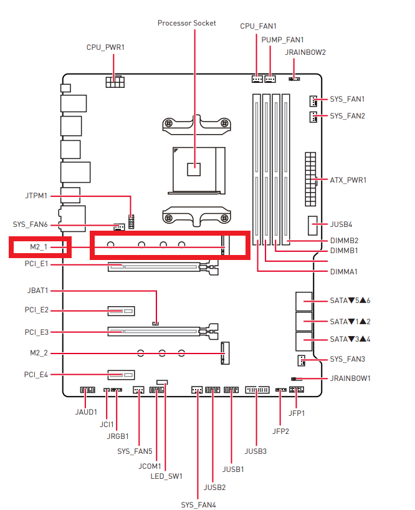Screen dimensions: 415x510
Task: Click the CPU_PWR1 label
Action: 105,47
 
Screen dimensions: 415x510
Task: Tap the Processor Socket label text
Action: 186,23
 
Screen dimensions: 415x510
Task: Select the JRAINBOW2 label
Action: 305,52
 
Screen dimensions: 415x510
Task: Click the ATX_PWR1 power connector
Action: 310,179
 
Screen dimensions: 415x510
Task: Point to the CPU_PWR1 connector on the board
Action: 115,82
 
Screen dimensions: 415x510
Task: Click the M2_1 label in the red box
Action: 39,247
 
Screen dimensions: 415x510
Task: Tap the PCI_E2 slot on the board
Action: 122,311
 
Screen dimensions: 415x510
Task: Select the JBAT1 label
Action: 37,291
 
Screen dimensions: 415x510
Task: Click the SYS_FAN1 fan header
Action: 313,101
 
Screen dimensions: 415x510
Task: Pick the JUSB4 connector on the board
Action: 312,226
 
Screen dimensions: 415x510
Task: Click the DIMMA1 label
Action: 344,272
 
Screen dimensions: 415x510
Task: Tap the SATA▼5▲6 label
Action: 350,301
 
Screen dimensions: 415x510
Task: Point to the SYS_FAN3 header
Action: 301,360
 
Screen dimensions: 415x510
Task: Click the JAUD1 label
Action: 86,412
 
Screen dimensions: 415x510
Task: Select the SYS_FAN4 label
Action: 198,505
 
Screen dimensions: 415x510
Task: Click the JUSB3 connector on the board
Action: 257,389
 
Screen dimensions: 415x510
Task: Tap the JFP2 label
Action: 280,431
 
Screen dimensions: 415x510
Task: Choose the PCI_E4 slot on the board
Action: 122,375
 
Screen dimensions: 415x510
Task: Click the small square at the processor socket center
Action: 194,169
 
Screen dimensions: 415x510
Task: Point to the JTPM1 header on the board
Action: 131,221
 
